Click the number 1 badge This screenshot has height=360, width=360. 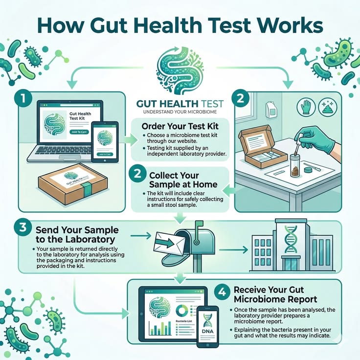pos(22,97)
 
